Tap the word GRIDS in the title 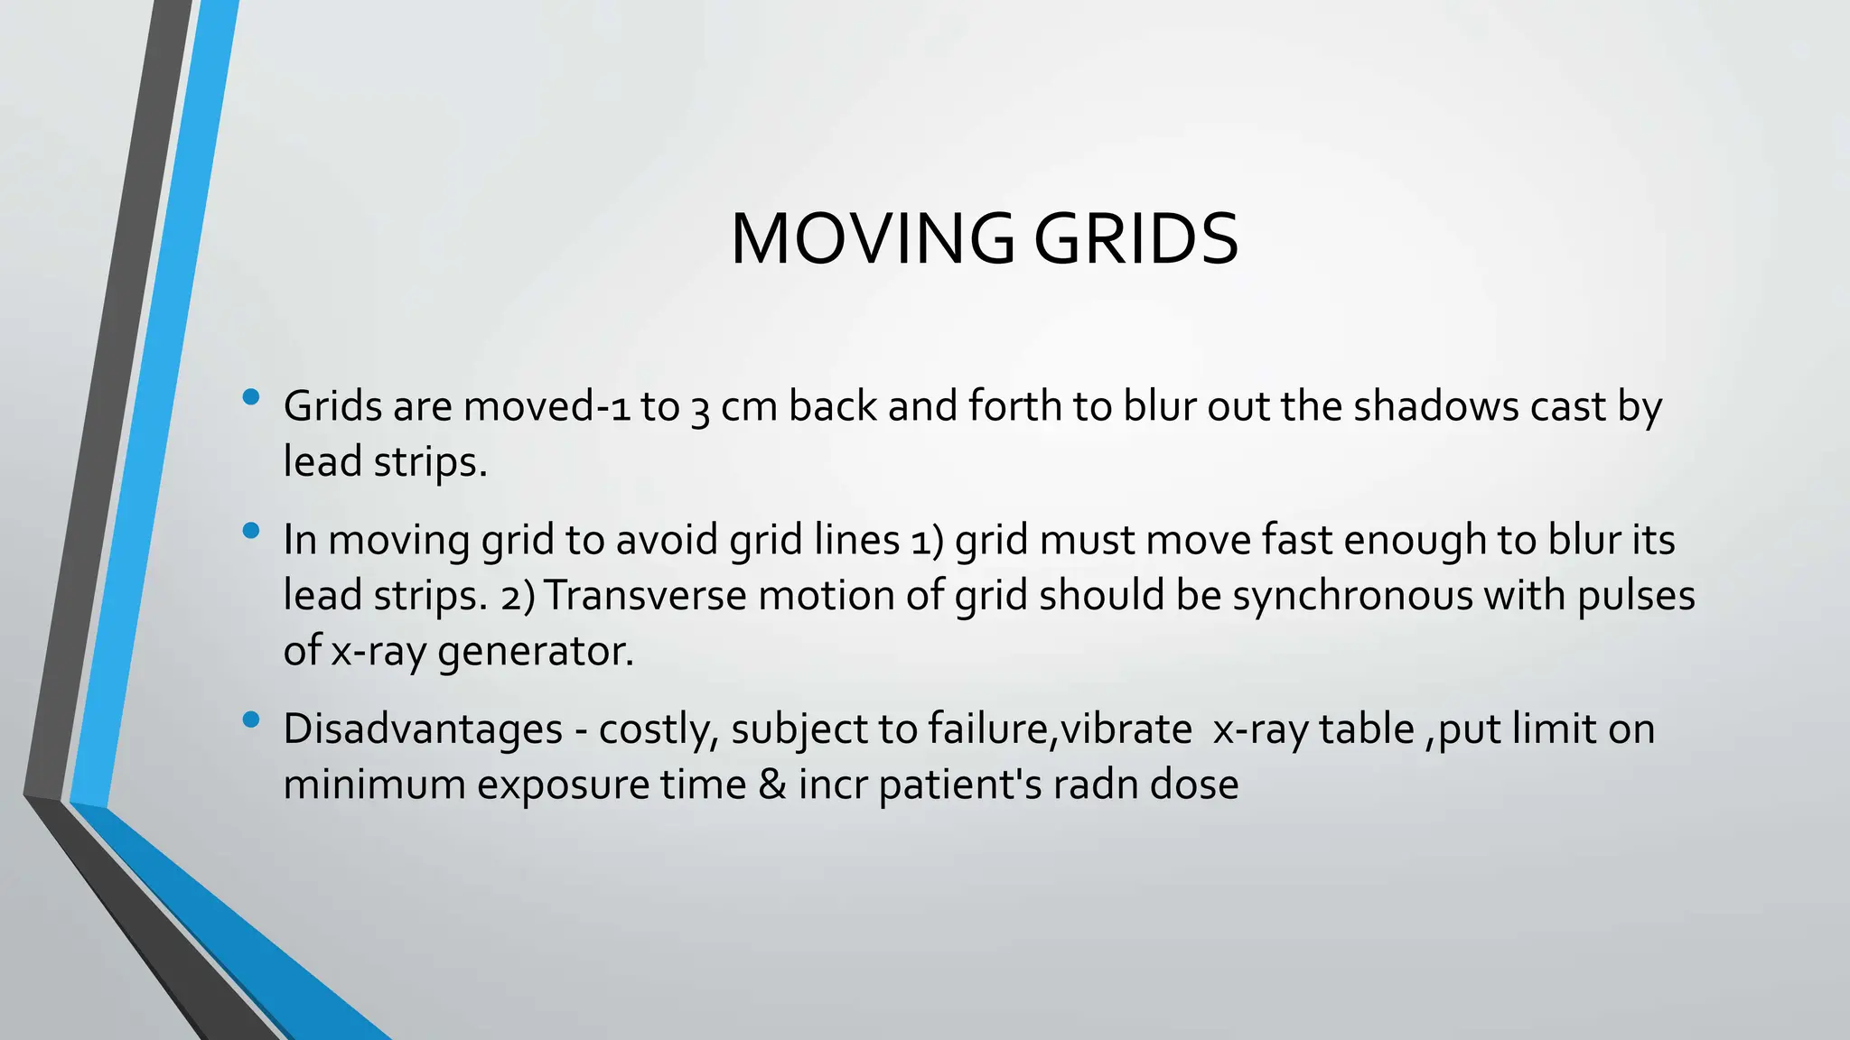point(1135,239)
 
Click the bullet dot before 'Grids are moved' point(251,397)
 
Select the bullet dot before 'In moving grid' point(251,531)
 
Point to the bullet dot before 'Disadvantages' point(251,720)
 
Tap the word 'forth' point(1014,406)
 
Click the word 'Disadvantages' point(423,729)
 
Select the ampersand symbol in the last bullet point(772,785)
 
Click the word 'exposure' point(563,785)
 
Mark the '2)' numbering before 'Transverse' point(518,597)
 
